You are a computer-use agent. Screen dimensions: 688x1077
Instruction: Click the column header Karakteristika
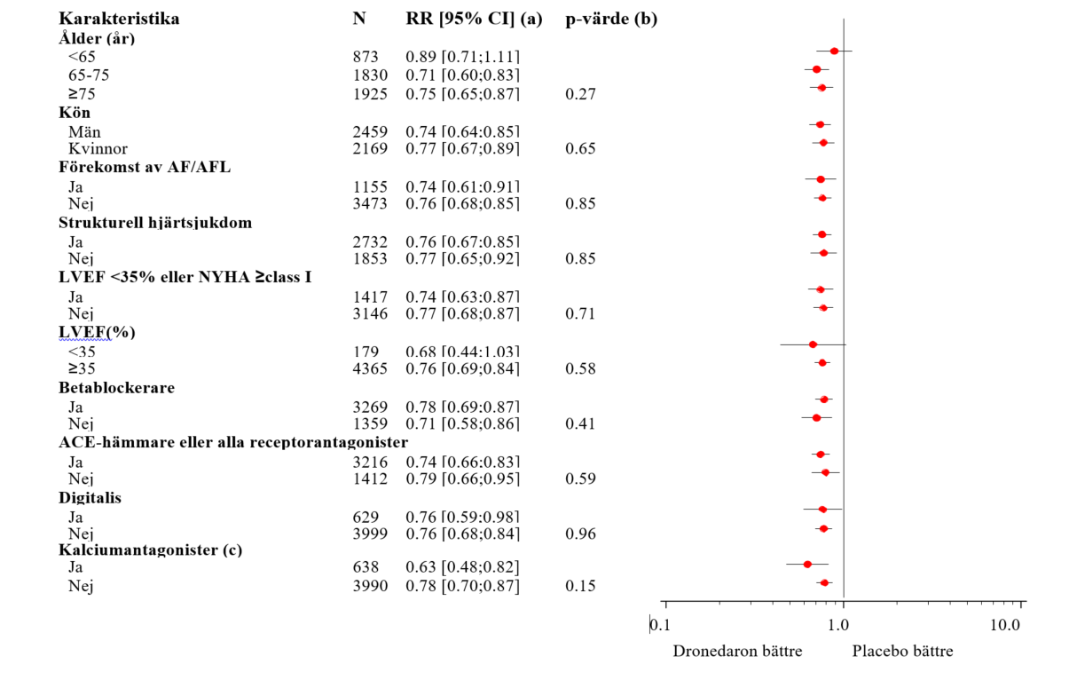coord(119,19)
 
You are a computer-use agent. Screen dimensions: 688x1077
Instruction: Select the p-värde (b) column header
coord(611,19)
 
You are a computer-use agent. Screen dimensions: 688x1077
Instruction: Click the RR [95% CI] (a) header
coord(474,19)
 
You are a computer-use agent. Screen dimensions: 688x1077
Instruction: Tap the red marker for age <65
coord(834,51)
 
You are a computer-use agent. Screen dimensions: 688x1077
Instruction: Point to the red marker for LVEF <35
coord(813,344)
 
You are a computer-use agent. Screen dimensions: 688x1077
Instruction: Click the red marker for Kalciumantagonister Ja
coord(807,564)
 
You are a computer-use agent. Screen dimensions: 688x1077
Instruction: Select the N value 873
coord(366,57)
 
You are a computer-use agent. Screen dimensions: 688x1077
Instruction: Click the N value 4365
coord(370,368)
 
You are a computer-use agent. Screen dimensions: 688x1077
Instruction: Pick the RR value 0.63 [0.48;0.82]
coord(462,567)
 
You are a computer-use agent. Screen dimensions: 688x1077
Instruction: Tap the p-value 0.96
coord(580,534)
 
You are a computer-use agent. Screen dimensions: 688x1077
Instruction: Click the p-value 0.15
coord(580,586)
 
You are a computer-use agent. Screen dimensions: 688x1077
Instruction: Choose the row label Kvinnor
coord(98,148)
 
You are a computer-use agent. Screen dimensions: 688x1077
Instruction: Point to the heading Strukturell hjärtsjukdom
coord(155,223)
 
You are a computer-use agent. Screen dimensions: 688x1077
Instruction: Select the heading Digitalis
coord(90,498)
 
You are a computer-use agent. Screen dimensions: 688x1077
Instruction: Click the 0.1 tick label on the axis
coord(659,625)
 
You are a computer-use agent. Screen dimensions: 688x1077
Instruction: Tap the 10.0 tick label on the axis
coord(1004,625)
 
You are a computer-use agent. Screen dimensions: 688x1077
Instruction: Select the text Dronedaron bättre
coord(737,652)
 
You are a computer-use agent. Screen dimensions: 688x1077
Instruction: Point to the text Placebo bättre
coord(902,652)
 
